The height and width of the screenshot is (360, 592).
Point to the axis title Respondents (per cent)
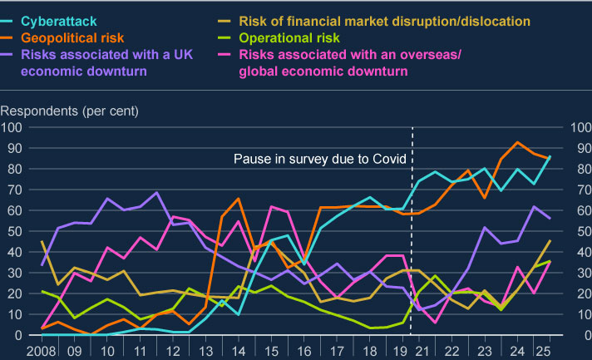pyautogui.click(x=69, y=111)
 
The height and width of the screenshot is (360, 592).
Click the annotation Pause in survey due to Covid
pyautogui.click(x=319, y=159)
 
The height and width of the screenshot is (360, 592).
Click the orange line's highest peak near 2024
pyautogui.click(x=519, y=142)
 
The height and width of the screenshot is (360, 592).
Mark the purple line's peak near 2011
pyautogui.click(x=155, y=193)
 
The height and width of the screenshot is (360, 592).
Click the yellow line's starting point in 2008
pyautogui.click(x=42, y=242)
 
